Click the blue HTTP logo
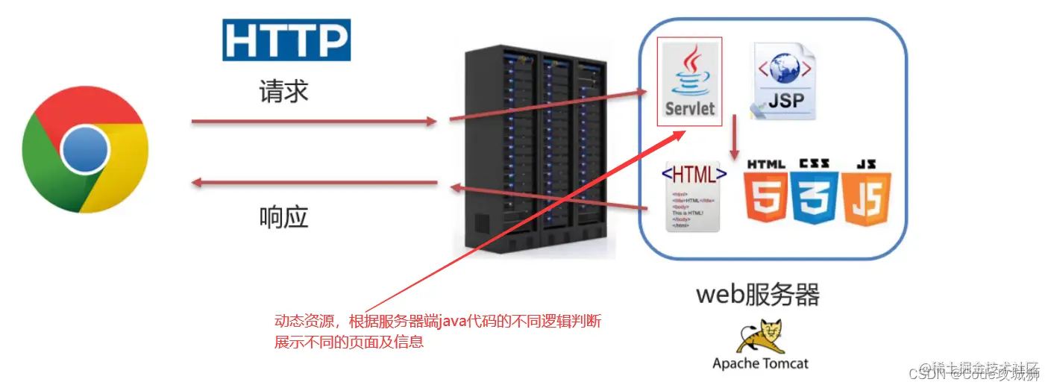coord(286,40)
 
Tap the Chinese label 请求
coord(283,91)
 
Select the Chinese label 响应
coord(283,216)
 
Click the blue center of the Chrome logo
coord(85,149)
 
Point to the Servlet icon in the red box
coord(690,82)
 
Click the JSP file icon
coord(784,82)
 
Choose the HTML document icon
coord(693,196)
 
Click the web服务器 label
coord(758,295)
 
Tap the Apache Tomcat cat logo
coord(760,337)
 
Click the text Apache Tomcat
coord(760,364)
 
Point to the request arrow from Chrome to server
coord(313,121)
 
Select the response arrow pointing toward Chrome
coord(313,182)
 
